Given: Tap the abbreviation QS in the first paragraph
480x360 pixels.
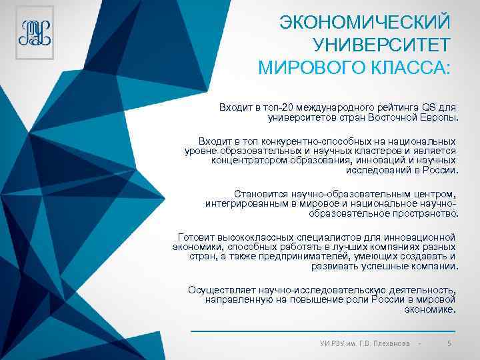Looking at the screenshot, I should (x=431, y=107).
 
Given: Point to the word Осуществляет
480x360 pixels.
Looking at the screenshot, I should (x=220, y=290).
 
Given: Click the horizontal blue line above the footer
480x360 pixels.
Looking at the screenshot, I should (x=323, y=331).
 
